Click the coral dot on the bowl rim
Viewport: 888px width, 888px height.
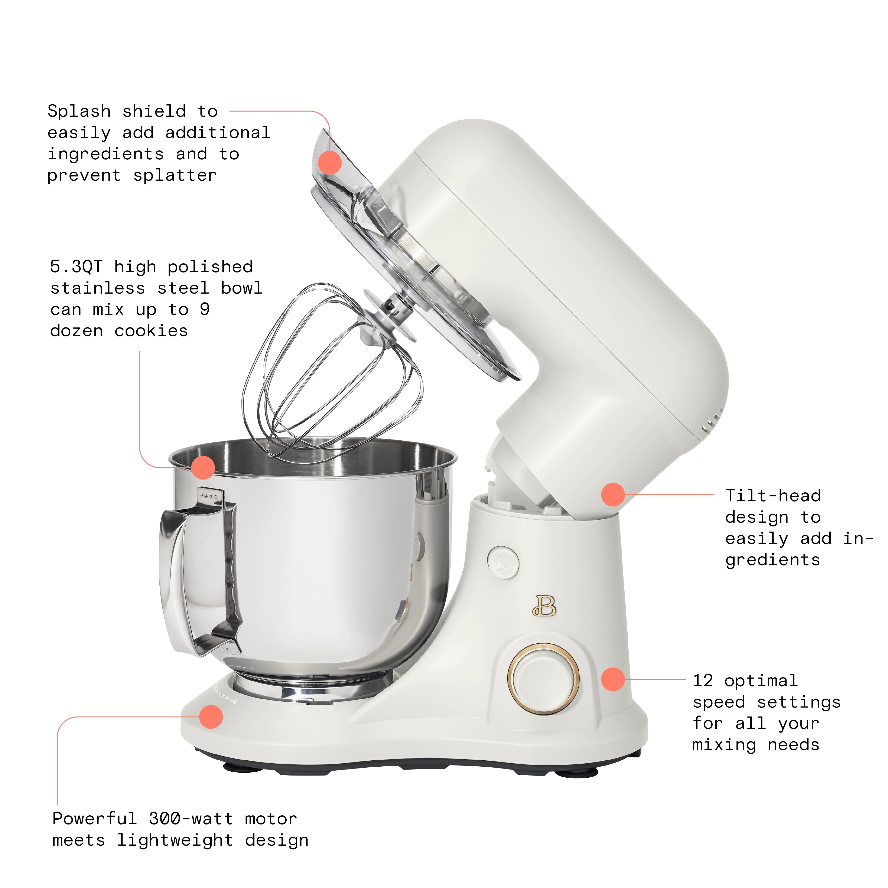[203, 467]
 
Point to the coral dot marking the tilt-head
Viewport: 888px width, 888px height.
[613, 494]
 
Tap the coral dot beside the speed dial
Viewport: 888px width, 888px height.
[613, 679]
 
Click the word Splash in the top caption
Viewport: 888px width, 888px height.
[79, 111]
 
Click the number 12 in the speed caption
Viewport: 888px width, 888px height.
[703, 681]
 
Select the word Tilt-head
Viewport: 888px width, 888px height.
[773, 496]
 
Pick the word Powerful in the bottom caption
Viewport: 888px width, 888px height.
[94, 819]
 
